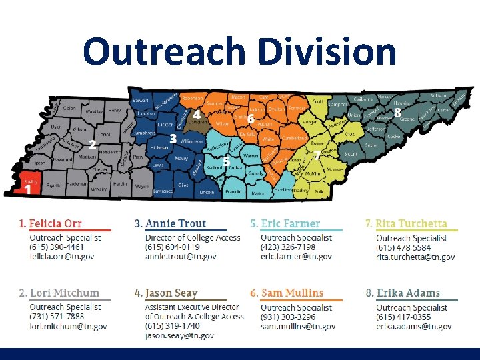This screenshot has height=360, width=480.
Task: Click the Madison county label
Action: coord(87,157)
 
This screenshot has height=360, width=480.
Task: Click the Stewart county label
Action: coord(141,100)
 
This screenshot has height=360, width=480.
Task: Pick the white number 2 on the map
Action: coord(93,144)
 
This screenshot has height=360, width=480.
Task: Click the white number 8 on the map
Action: coord(397,113)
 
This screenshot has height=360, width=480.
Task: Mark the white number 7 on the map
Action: coord(315,155)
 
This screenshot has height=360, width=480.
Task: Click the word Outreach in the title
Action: coord(163,52)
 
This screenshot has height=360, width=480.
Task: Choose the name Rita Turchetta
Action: coord(411,223)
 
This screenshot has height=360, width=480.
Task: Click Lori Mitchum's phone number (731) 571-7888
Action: coord(56,317)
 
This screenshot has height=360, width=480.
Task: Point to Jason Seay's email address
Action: coord(179,336)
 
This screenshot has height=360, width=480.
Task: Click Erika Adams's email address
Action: coord(414,327)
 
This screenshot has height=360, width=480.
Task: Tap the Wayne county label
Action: coord(141,187)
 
